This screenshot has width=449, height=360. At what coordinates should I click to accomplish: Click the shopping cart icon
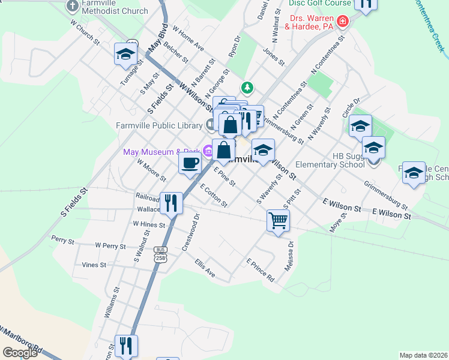pos(278,220)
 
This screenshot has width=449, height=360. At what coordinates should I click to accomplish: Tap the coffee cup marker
pos(190,162)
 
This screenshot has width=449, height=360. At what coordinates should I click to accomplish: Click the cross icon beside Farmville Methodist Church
pos(73,6)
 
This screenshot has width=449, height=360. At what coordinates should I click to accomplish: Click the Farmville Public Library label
pos(159,125)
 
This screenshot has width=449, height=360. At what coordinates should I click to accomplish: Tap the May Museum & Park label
pos(161,152)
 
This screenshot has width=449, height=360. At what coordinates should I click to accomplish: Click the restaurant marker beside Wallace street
pos(172,202)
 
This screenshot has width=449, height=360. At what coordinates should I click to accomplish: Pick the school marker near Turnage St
pos(125,54)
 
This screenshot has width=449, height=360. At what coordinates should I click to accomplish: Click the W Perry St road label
pos(110,246)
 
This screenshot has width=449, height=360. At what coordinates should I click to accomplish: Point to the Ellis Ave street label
pos(205,268)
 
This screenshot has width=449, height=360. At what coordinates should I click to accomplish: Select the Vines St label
pos(94,265)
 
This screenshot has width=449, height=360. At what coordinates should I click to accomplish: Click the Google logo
pos(20,353)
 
